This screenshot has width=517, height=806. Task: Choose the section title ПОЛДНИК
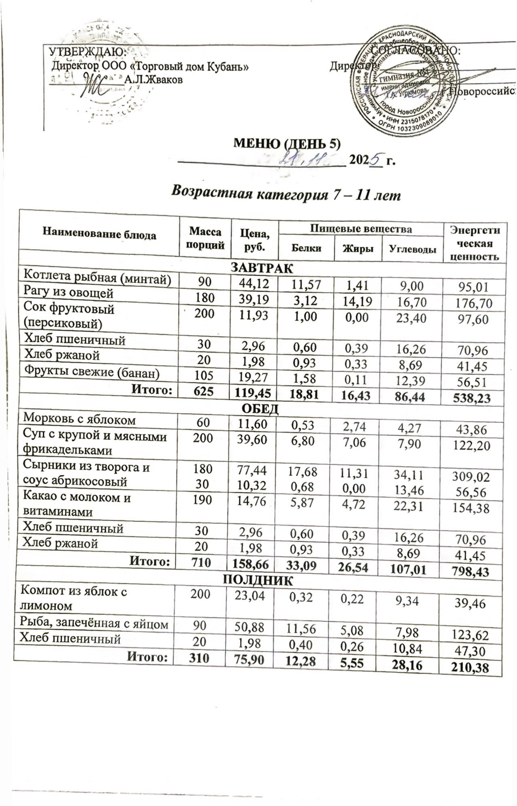(258, 580)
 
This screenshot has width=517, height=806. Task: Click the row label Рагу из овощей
(68, 293)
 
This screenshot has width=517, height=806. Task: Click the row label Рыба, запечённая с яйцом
(94, 624)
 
